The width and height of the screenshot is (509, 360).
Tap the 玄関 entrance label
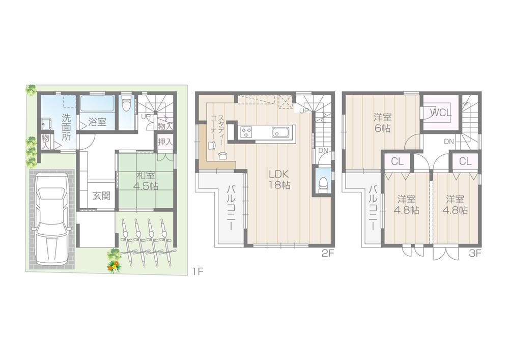(x=102, y=195)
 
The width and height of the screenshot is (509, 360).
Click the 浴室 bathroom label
(x=97, y=122)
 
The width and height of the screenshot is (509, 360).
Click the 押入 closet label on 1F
(x=164, y=142)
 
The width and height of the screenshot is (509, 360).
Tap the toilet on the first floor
(x=126, y=107)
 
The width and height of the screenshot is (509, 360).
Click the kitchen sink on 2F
(x=280, y=132)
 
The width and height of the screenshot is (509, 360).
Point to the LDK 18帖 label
(x=279, y=179)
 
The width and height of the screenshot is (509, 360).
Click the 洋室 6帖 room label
(x=382, y=123)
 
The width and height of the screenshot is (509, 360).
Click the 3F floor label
(x=475, y=253)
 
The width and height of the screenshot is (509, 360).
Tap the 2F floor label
(x=327, y=253)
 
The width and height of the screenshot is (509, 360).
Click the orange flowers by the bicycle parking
(x=114, y=265)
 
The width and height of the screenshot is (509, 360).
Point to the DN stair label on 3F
(x=449, y=141)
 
